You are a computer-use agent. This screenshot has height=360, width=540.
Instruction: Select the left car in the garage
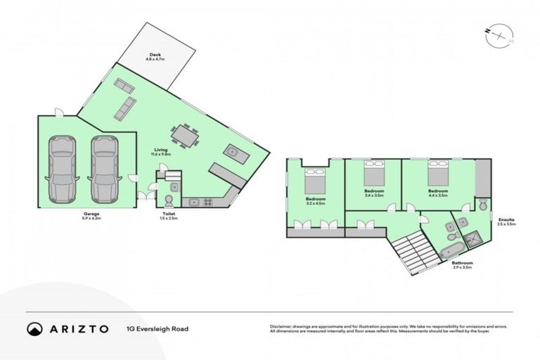[60, 167]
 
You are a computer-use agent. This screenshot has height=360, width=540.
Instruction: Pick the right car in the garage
[102, 167]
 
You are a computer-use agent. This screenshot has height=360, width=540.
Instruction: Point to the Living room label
[160, 150]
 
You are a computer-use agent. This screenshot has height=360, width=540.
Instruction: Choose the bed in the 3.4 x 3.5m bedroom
[373, 174]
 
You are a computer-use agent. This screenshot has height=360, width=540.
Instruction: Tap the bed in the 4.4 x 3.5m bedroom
[437, 174]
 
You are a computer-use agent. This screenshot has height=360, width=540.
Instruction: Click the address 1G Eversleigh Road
[157, 328]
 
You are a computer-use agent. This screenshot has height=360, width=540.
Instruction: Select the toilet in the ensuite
[483, 205]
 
